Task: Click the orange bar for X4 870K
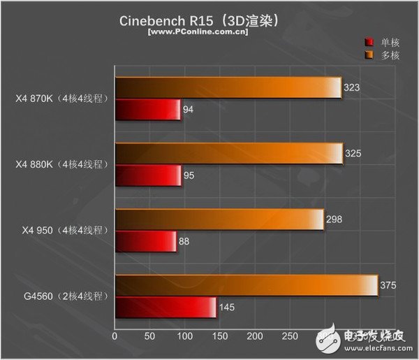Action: [228, 87]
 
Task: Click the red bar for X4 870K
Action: [147, 110]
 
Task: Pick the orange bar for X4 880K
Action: [229, 153]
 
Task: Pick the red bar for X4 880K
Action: [148, 175]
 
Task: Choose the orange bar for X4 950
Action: [219, 219]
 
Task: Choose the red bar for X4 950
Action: [145, 241]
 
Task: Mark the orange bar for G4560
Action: [247, 285]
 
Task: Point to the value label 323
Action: [353, 87]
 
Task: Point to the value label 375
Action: [389, 285]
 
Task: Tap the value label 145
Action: [228, 307]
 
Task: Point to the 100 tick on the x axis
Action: [184, 336]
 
